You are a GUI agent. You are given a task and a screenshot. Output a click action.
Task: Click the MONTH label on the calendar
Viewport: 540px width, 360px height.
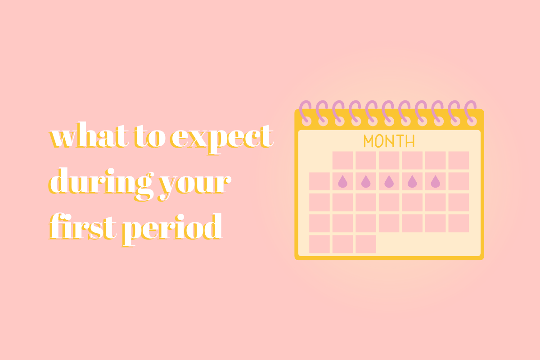[389, 141]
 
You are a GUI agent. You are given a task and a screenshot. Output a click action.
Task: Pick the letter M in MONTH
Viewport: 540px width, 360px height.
[369, 141]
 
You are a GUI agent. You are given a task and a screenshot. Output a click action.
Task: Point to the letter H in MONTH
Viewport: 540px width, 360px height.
[409, 141]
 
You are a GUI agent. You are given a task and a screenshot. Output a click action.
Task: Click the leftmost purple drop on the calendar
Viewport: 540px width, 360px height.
[342, 181]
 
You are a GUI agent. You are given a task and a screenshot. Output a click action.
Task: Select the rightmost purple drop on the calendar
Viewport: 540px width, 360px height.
[435, 181]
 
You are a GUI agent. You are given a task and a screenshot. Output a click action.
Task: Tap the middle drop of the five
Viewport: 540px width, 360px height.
[389, 181]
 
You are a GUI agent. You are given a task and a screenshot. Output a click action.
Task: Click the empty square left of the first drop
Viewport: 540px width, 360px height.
[319, 181]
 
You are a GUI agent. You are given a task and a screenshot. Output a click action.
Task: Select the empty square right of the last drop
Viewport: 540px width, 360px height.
[459, 181]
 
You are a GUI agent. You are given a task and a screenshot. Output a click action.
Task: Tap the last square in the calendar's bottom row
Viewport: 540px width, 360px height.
[366, 244]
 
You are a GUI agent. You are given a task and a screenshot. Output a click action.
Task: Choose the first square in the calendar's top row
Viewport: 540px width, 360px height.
[342, 161]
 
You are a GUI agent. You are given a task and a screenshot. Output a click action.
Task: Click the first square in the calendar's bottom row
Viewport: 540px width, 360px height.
[319, 244]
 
